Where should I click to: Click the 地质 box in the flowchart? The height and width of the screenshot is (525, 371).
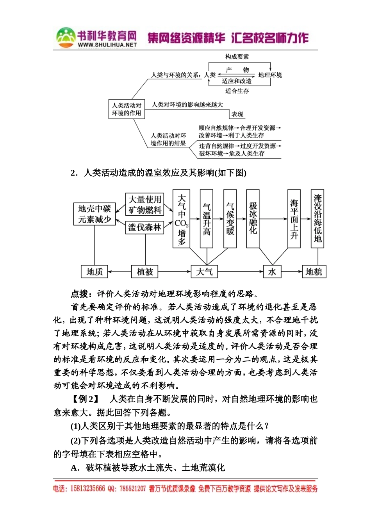click(95, 271)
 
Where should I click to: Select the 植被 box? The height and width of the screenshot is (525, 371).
click(145, 271)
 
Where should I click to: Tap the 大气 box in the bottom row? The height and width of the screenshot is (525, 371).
click(204, 271)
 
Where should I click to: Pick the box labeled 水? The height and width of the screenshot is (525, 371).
click(272, 271)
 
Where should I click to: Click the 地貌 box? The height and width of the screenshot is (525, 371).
click(314, 271)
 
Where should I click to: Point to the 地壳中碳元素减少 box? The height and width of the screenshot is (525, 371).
click(95, 214)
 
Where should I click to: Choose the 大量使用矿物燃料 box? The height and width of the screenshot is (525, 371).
click(145, 204)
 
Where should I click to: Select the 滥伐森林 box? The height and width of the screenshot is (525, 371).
click(145, 227)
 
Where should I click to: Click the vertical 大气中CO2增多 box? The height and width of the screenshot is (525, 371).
click(181, 219)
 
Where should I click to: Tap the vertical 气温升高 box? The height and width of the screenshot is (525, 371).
click(207, 219)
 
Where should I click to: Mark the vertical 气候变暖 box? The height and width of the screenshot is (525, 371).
click(230, 219)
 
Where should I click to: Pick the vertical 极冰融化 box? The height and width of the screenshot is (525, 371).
click(253, 219)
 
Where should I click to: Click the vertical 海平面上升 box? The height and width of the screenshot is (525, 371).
click(294, 219)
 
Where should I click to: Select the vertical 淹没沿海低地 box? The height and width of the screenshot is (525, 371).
click(317, 219)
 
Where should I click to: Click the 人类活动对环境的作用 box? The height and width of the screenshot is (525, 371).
click(127, 109)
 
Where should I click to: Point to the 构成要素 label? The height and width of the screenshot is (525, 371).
click(237, 57)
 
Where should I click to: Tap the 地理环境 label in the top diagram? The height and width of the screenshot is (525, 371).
click(270, 75)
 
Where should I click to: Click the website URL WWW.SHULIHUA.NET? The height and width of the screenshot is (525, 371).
click(107, 45)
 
